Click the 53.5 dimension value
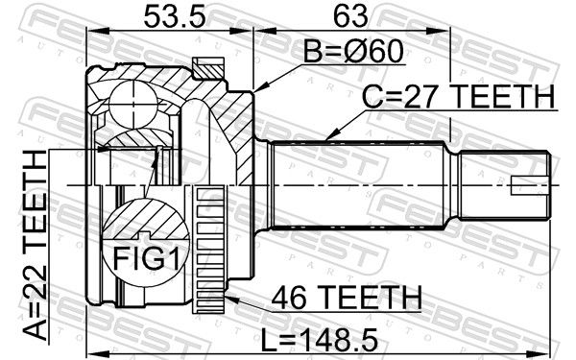(x=175, y=16)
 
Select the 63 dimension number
(x=350, y=16)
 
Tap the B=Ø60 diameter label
(x=353, y=52)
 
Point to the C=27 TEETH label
(x=459, y=96)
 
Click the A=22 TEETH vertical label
(x=36, y=245)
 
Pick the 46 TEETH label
(x=347, y=298)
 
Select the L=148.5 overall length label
(x=320, y=340)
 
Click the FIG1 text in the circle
(x=146, y=258)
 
